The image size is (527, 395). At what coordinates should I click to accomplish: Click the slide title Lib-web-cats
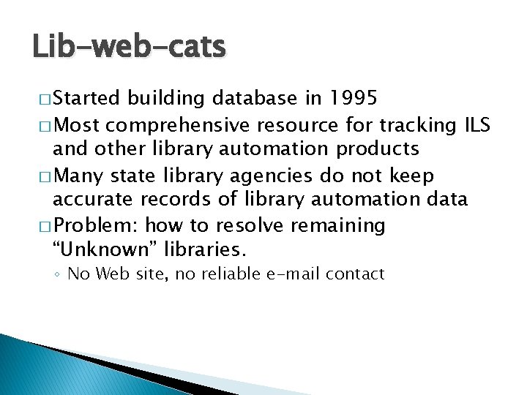[129, 48]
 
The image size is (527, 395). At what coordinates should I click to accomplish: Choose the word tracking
[415, 124]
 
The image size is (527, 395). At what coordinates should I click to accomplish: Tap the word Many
[83, 176]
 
